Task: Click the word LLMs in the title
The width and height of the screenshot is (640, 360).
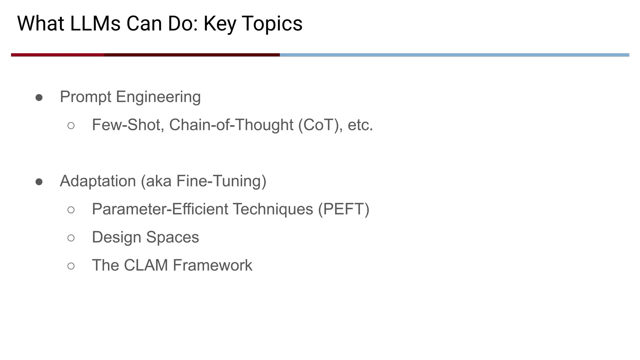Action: [x=95, y=24]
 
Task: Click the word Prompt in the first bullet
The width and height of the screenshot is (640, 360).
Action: [x=85, y=97]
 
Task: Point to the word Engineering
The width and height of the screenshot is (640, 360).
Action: [x=158, y=97]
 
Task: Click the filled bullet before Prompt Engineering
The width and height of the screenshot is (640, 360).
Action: [x=39, y=97]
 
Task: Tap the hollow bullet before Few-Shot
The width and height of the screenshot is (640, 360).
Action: [x=71, y=126]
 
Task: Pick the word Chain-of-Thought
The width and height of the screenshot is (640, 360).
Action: [x=231, y=125]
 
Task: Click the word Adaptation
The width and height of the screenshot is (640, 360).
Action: [x=98, y=181]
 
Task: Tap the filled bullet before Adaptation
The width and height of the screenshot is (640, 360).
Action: [x=39, y=182]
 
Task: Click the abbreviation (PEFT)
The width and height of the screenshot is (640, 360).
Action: [x=343, y=209]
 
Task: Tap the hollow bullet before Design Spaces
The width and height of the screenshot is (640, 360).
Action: [x=71, y=238]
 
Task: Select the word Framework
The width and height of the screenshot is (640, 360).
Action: [x=212, y=265]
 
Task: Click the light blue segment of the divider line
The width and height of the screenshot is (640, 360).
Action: [x=453, y=55]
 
